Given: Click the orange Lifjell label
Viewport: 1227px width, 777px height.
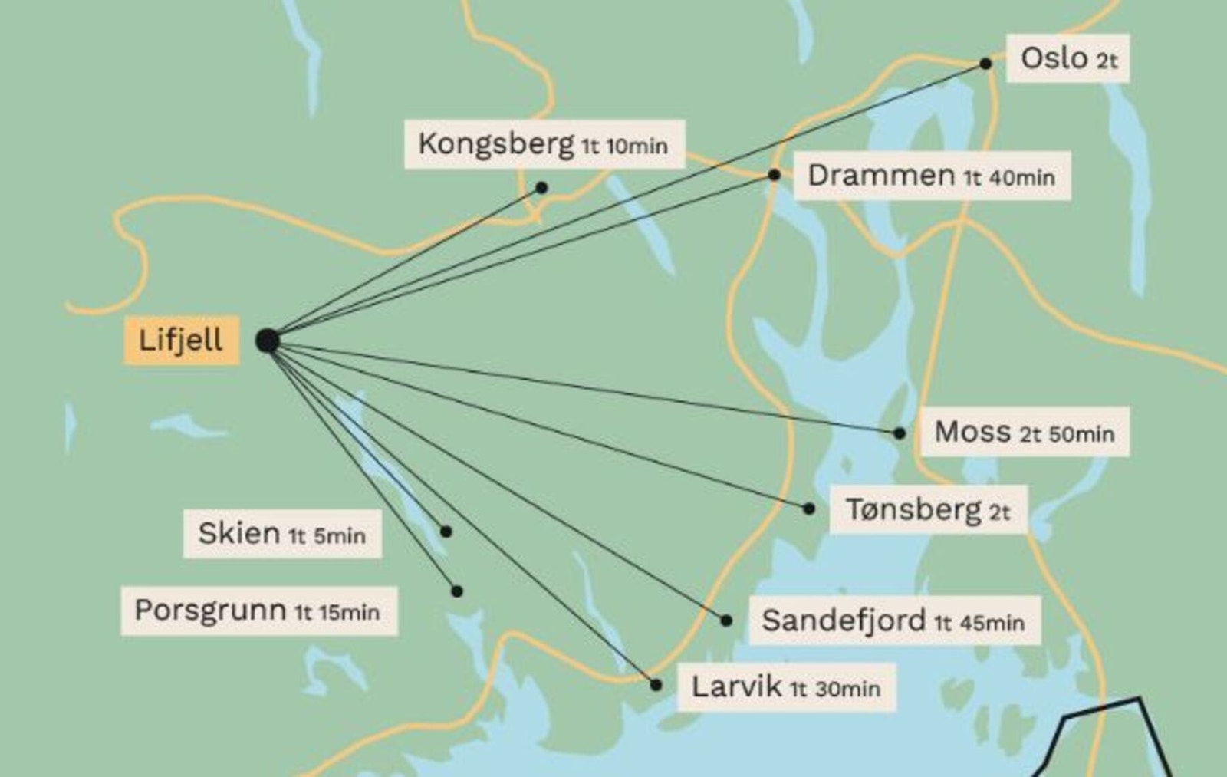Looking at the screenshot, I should click(x=181, y=340).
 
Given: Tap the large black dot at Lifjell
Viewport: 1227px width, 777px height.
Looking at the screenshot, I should click(x=267, y=341).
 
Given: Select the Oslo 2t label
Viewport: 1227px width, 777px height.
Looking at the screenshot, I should click(x=1067, y=58).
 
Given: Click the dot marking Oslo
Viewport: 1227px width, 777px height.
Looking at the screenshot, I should click(x=985, y=64).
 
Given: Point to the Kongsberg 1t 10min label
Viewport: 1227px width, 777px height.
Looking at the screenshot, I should click(x=544, y=144).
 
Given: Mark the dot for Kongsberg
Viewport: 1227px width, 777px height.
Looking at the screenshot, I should click(x=541, y=187).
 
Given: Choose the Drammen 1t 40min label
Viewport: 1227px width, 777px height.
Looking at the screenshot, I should click(x=932, y=176).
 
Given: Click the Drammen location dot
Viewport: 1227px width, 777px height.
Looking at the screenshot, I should click(x=774, y=175).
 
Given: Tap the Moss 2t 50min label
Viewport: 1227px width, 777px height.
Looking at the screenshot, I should click(x=1024, y=433).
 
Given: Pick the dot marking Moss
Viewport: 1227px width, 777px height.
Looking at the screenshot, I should click(x=900, y=433).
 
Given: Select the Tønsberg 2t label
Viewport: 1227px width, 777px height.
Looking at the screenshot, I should click(x=928, y=509).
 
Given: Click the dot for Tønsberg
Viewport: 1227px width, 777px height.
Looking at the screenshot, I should click(x=809, y=509).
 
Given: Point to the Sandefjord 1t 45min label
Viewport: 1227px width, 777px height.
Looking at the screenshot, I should click(x=893, y=621).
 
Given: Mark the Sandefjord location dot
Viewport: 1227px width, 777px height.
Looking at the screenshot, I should click(x=726, y=621).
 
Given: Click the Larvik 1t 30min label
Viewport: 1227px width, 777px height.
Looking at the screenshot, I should click(x=786, y=687).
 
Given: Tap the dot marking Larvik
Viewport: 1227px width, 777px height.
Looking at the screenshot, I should click(x=656, y=685).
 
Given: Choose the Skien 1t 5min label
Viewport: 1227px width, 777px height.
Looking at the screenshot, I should click(x=282, y=533).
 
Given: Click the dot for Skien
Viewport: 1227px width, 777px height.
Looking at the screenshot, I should click(x=446, y=532).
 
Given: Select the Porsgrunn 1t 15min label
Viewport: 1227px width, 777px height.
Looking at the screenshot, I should click(x=258, y=611).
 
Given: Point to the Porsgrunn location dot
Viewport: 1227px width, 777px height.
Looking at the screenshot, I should click(x=457, y=591).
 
